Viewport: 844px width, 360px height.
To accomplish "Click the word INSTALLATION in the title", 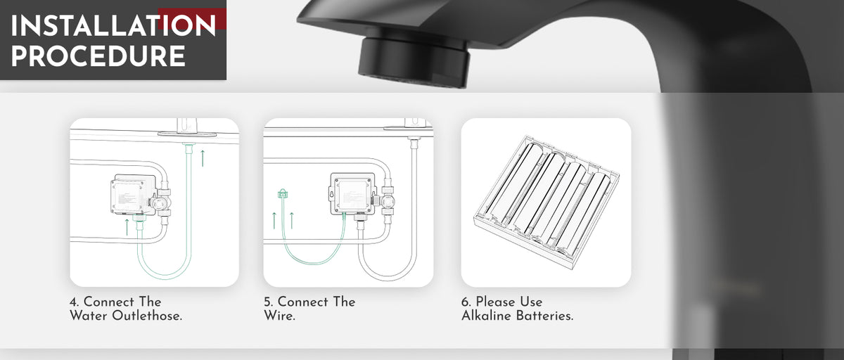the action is (113, 26).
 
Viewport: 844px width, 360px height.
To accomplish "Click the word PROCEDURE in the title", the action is (98, 56).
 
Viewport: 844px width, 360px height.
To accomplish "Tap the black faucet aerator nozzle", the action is (414, 61).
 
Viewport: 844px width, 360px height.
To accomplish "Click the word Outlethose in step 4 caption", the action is (147, 316).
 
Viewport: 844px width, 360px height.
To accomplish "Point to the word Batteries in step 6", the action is (544, 316).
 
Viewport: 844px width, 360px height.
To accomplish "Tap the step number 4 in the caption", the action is (74, 302).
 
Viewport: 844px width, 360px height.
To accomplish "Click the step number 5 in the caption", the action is (268, 302).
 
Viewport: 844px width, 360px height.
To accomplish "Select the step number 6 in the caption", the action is (466, 302).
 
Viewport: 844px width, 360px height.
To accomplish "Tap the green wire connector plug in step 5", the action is (283, 193).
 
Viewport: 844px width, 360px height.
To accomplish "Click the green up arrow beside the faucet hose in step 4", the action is (203, 158).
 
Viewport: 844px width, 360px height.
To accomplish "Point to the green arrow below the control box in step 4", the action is (127, 227).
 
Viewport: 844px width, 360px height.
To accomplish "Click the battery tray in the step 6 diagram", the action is (546, 202).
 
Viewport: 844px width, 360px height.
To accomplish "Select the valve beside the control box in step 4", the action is (162, 202).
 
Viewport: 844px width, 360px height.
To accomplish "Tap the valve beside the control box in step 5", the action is (387, 200).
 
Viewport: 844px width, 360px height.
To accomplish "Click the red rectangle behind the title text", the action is (192, 19).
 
